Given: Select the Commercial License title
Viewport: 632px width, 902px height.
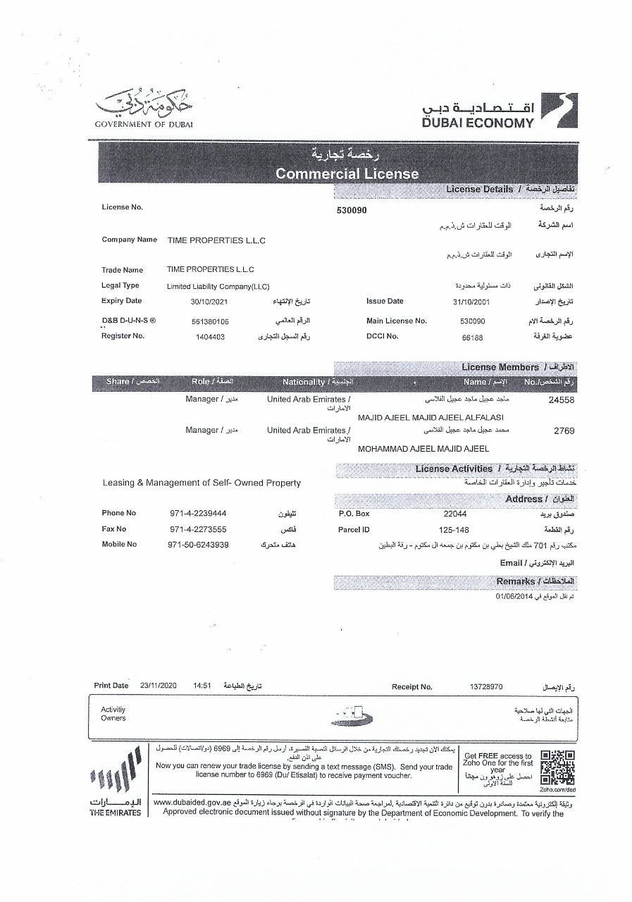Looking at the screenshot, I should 347,173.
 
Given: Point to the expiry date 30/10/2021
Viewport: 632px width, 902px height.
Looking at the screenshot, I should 209,302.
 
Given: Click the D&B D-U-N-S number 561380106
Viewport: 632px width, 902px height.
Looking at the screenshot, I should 210,321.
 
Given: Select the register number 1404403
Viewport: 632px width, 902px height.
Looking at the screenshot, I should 210,337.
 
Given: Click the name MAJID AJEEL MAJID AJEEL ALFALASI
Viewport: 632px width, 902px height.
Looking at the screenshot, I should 430,417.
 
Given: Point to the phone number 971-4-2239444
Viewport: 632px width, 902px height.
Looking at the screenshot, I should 199,514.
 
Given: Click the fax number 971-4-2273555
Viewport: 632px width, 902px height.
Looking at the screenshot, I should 199,529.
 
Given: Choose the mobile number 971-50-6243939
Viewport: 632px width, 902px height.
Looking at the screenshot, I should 199,545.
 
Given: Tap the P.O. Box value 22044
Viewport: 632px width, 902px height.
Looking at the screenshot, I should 452,514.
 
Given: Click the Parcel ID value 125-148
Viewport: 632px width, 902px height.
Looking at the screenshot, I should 453,529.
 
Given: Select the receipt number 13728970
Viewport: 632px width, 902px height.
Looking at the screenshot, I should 485,686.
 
